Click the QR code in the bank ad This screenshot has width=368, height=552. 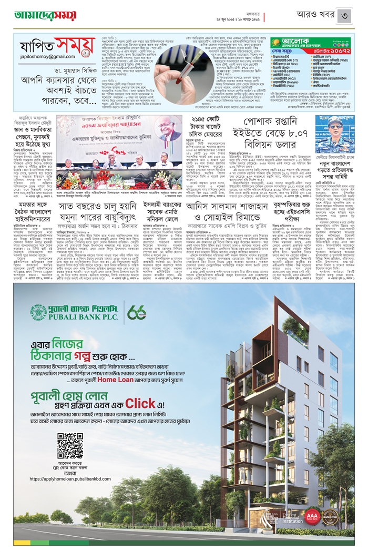70,446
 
